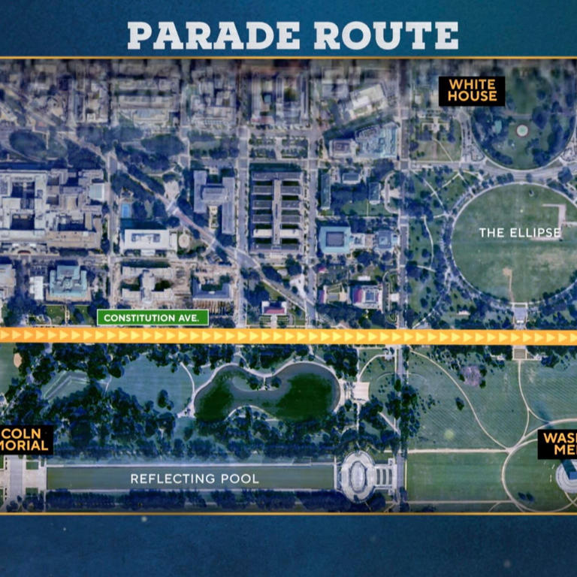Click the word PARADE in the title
click(211, 35)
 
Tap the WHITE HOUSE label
click(472, 90)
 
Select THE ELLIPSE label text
click(520, 233)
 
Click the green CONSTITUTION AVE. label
click(153, 318)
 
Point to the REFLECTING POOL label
click(195, 479)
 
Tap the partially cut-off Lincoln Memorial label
click(26, 440)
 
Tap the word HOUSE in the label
click(472, 96)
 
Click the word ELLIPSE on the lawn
click(534, 233)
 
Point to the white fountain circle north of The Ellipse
click(522, 130)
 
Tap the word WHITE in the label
click(472, 84)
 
